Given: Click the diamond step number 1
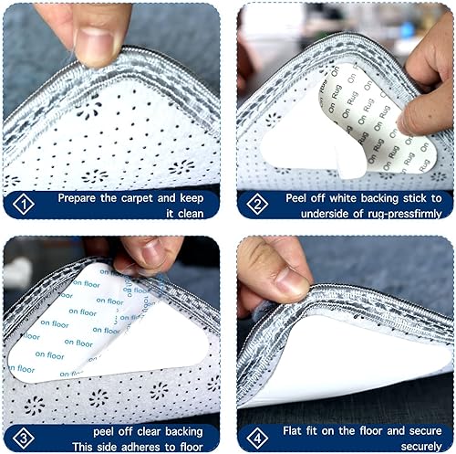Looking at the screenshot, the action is pyautogui.click(x=24, y=204).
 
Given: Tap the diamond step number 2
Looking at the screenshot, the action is pyautogui.click(x=257, y=204).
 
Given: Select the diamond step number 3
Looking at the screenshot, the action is pyautogui.click(x=24, y=438).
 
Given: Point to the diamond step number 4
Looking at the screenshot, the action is pyautogui.click(x=257, y=438).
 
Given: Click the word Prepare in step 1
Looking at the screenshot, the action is pyautogui.click(x=77, y=198).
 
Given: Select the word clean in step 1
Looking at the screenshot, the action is pyautogui.click(x=192, y=214).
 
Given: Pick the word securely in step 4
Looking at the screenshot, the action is pyautogui.click(x=421, y=447).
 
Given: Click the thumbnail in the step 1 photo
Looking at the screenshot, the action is pyautogui.click(x=95, y=47).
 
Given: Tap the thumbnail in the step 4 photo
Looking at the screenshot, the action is pyautogui.click(x=291, y=282).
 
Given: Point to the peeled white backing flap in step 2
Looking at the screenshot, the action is pyautogui.click(x=351, y=161).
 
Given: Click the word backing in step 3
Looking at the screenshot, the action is pyautogui.click(x=184, y=432).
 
